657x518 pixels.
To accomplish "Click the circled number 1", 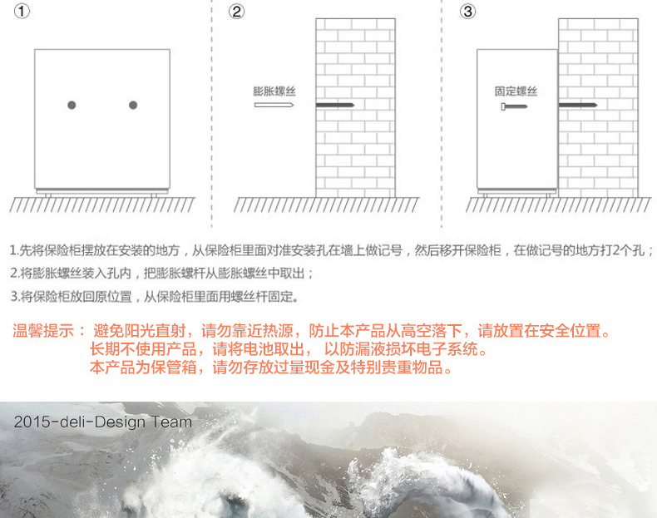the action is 22,11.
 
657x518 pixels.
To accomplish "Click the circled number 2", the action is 236,12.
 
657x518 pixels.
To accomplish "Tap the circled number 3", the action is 467,12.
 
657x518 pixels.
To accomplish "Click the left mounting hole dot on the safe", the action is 72,105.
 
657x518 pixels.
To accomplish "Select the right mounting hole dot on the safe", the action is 133,105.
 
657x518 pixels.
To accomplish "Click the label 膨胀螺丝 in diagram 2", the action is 274,91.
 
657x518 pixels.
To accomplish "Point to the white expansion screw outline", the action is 274,105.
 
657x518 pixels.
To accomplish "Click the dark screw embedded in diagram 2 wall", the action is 335,105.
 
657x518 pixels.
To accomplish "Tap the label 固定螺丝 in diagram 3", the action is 516,91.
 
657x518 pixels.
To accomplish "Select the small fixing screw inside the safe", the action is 514,106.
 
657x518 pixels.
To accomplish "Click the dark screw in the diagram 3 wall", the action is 578,105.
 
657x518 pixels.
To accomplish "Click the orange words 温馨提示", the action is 43,330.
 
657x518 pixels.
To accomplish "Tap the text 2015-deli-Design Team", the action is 103,422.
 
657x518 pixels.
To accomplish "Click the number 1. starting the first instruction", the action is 14,250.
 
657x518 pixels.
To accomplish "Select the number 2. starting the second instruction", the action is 15,274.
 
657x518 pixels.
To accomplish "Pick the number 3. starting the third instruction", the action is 15,297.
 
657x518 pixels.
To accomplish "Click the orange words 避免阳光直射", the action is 139,330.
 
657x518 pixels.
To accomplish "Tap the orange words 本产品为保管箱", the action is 143,368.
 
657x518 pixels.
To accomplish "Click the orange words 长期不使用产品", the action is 143,349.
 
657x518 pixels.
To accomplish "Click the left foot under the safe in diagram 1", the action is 47,195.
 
